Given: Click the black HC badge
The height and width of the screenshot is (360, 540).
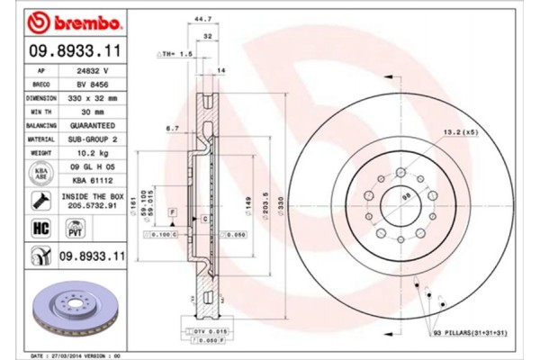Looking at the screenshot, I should tap(41, 229).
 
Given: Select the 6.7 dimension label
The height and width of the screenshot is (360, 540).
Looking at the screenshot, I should tap(172, 129).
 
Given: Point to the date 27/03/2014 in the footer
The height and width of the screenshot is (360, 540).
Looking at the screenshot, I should tap(66, 355).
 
